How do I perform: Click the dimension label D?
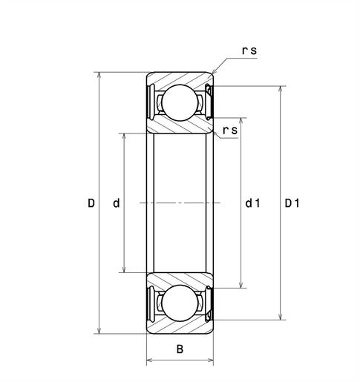tap(91, 203)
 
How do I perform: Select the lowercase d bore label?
tap(117, 203)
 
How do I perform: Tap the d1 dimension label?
tap(252, 203)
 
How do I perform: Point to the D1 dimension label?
tap(292, 203)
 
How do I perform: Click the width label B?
tap(180, 349)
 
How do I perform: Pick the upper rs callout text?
tap(249, 50)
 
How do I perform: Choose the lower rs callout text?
tap(230, 131)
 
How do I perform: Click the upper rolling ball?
tap(180, 102)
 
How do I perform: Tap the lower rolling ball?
tap(180, 303)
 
